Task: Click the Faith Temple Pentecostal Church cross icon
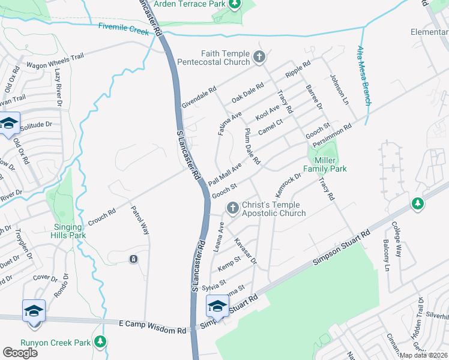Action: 259,58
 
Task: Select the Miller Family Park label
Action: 325,165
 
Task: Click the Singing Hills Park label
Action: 62,230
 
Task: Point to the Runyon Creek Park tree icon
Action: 100,343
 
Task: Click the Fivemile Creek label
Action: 122,28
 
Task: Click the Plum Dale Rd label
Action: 252,147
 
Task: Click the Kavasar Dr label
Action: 246,251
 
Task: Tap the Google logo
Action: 20,352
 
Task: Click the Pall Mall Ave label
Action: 225,174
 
